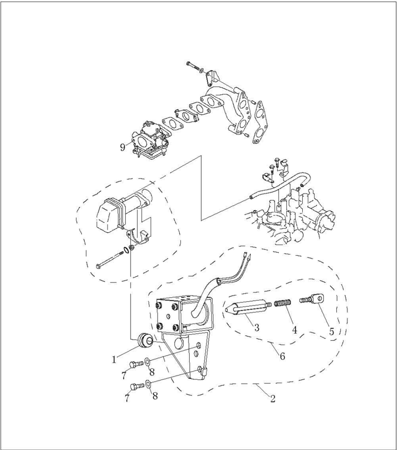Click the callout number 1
pos(114,360)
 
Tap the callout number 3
pos(256,328)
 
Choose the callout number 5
pos(331,331)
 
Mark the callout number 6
pos(282,356)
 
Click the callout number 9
pos(122,147)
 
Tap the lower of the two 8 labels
pos(155,396)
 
